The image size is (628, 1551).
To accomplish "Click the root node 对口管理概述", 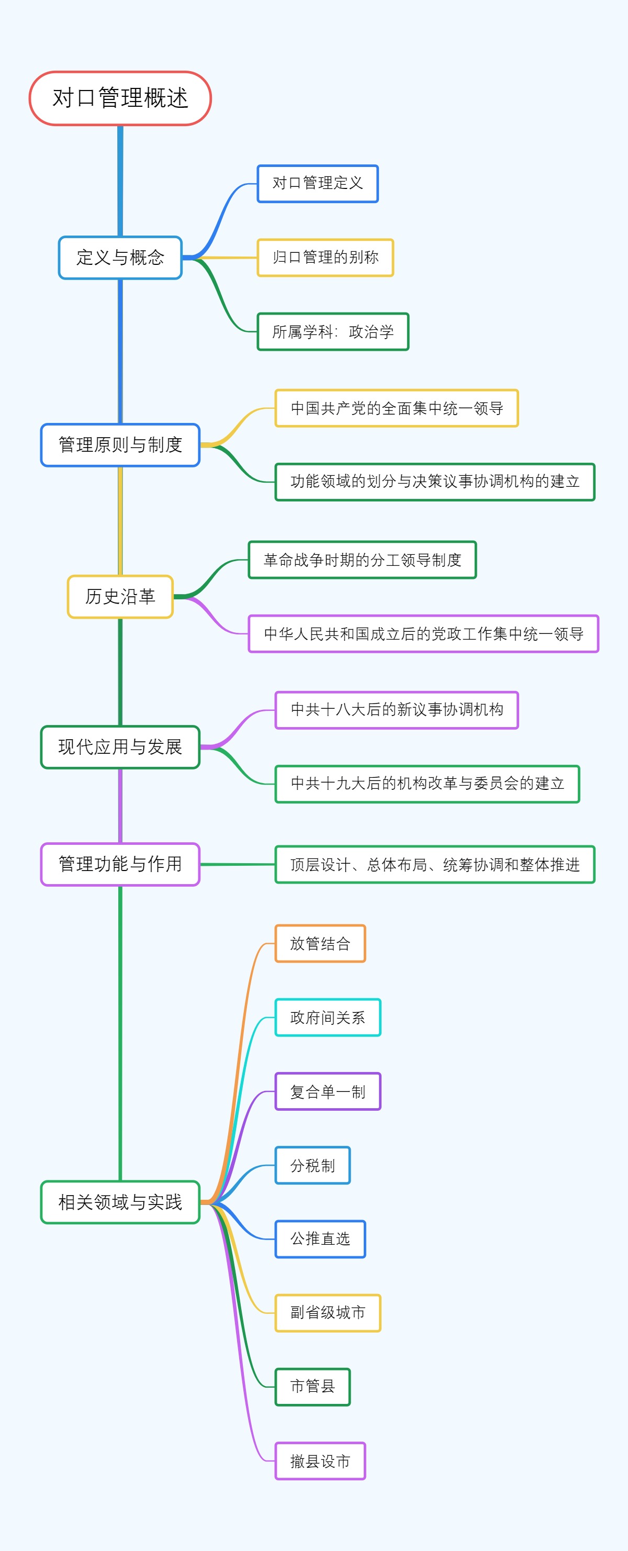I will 120,98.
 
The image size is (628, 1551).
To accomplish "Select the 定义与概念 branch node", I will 120,258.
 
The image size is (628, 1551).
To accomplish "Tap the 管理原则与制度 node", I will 120,445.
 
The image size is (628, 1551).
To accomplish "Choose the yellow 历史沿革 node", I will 120,597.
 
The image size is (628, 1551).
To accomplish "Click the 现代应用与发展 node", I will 120,747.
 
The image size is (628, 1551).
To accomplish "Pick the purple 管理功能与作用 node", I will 120,864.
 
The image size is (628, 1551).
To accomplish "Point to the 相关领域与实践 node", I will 120,1202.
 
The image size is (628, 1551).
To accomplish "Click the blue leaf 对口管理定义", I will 317,184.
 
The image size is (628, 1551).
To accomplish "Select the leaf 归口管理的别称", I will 325,258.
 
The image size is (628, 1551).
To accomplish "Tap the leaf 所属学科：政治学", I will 333,332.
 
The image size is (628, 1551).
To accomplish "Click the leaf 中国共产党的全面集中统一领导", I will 397,408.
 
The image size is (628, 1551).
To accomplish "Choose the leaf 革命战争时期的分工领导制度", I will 363,560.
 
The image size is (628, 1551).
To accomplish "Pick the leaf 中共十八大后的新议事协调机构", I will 397,710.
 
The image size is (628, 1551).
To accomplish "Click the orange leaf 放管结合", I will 320,943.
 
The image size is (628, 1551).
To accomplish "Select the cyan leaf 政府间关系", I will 328,1018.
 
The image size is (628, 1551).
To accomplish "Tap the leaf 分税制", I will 312,1166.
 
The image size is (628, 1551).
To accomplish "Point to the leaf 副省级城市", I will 328,1313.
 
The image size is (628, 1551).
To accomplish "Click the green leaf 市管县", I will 312,1387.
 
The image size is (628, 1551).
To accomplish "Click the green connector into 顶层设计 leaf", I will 238,864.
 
